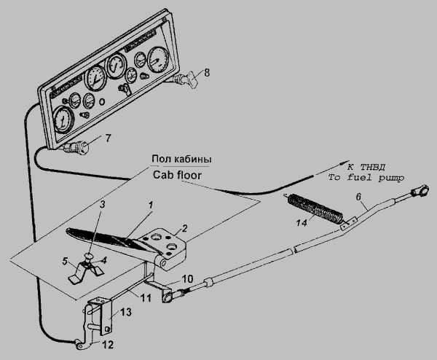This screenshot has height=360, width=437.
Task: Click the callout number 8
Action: click(x=207, y=73)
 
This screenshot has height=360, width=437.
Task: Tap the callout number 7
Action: click(x=108, y=138)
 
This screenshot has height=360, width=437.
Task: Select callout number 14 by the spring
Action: click(x=302, y=222)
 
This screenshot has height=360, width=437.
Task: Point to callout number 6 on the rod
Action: click(x=358, y=197)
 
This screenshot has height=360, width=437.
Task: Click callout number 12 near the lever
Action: click(x=108, y=345)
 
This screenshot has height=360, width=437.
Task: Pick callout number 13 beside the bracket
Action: click(x=126, y=312)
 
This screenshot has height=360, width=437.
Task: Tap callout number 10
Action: click(x=187, y=278)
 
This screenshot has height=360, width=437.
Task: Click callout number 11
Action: click(x=146, y=298)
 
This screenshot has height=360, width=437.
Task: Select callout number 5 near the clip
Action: click(x=65, y=262)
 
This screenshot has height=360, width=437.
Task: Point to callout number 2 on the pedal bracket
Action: click(x=184, y=229)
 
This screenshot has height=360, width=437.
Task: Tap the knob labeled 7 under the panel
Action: click(x=82, y=147)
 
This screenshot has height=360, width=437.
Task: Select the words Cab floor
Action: click(x=177, y=175)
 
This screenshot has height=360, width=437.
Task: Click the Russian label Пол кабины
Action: click(x=181, y=159)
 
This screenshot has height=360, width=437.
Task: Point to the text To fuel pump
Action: click(x=366, y=178)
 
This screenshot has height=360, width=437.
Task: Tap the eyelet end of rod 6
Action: click(x=420, y=191)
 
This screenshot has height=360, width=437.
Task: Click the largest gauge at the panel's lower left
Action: click(x=63, y=120)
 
